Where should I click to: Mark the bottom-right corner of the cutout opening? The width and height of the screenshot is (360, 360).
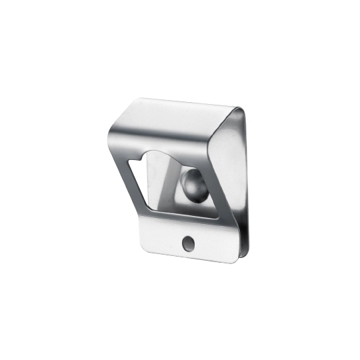[x=217, y=218]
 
